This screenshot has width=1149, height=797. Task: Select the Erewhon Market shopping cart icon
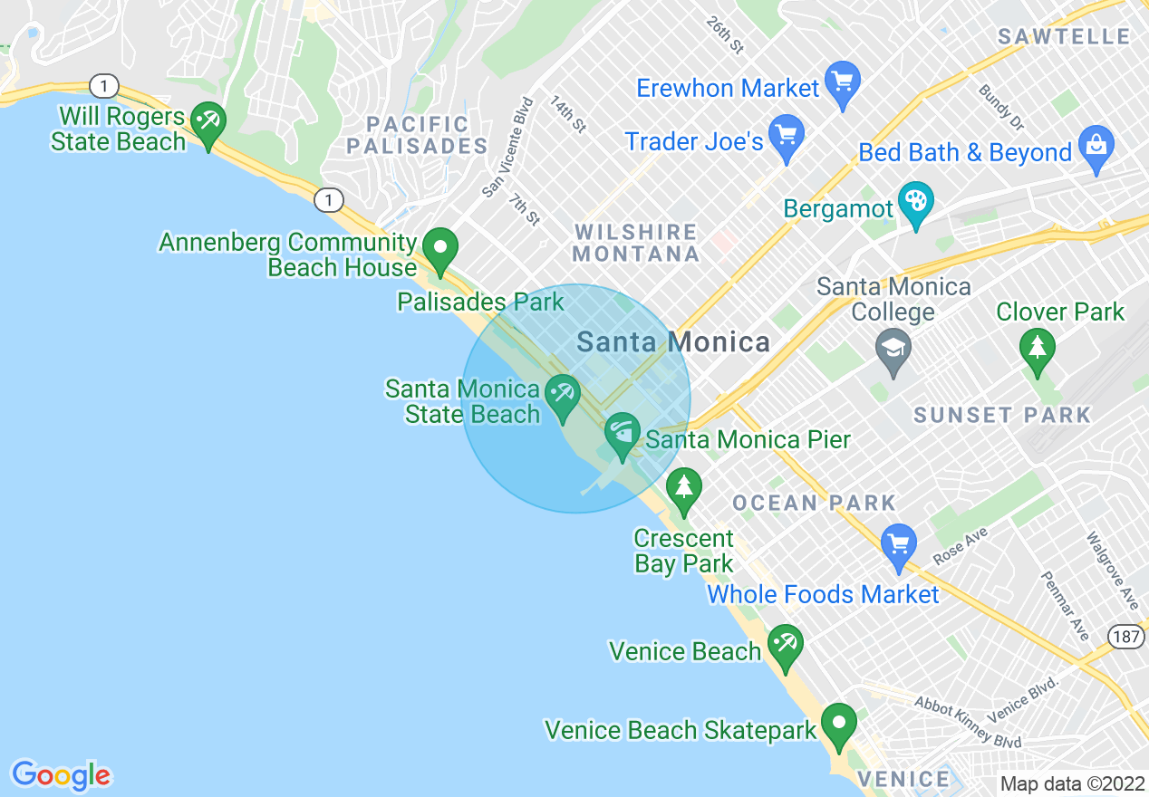(x=844, y=82)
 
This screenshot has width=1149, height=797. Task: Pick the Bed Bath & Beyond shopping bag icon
(x=1096, y=148)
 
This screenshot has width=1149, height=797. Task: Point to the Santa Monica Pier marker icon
(x=623, y=434)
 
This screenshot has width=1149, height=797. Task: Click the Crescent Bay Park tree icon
(x=684, y=488)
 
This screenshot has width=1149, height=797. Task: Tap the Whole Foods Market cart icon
(x=899, y=545)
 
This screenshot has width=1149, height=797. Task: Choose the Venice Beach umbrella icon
(x=785, y=646)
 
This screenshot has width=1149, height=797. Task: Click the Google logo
(x=61, y=775)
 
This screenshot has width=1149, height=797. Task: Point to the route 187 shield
(x=1126, y=637)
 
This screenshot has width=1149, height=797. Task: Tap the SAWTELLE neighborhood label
(x=1064, y=37)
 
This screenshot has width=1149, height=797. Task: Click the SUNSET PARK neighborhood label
(x=1002, y=416)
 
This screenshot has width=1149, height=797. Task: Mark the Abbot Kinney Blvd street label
(x=968, y=722)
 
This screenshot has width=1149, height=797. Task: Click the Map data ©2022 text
(x=1071, y=783)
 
